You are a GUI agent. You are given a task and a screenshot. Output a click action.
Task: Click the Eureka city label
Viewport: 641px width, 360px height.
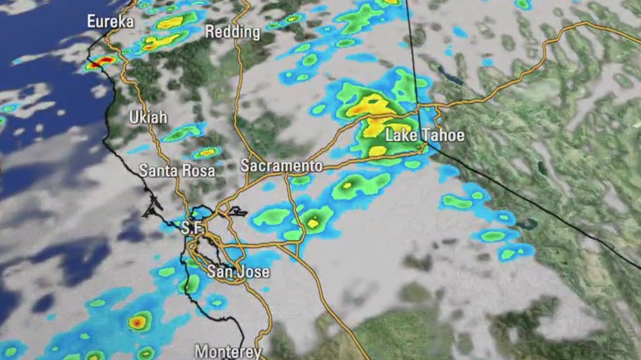[x=110, y=22]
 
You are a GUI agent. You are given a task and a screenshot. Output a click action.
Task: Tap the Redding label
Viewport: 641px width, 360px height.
[x=232, y=32]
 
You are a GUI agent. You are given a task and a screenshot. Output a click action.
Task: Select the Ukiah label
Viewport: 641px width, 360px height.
[x=148, y=118]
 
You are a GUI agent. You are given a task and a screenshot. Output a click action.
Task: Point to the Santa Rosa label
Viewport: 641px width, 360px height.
[x=177, y=171]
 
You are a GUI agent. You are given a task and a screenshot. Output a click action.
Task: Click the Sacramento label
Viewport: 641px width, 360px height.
[x=281, y=166]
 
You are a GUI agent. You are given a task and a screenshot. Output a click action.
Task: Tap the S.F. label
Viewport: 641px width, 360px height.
[x=192, y=228]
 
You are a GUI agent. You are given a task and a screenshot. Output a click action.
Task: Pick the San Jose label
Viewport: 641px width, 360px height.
[x=238, y=271]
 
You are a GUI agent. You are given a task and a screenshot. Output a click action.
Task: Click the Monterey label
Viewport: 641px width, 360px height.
[x=228, y=351]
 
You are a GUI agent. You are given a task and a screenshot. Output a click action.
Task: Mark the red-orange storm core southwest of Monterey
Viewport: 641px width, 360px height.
[x=137, y=322]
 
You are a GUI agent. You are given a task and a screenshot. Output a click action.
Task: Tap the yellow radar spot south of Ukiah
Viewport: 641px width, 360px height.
[x=207, y=152]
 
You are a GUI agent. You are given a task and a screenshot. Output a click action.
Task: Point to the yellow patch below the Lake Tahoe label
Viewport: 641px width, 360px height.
[x=378, y=151]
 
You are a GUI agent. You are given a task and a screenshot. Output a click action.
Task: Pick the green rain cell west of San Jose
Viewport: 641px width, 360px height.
[x=190, y=283]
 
